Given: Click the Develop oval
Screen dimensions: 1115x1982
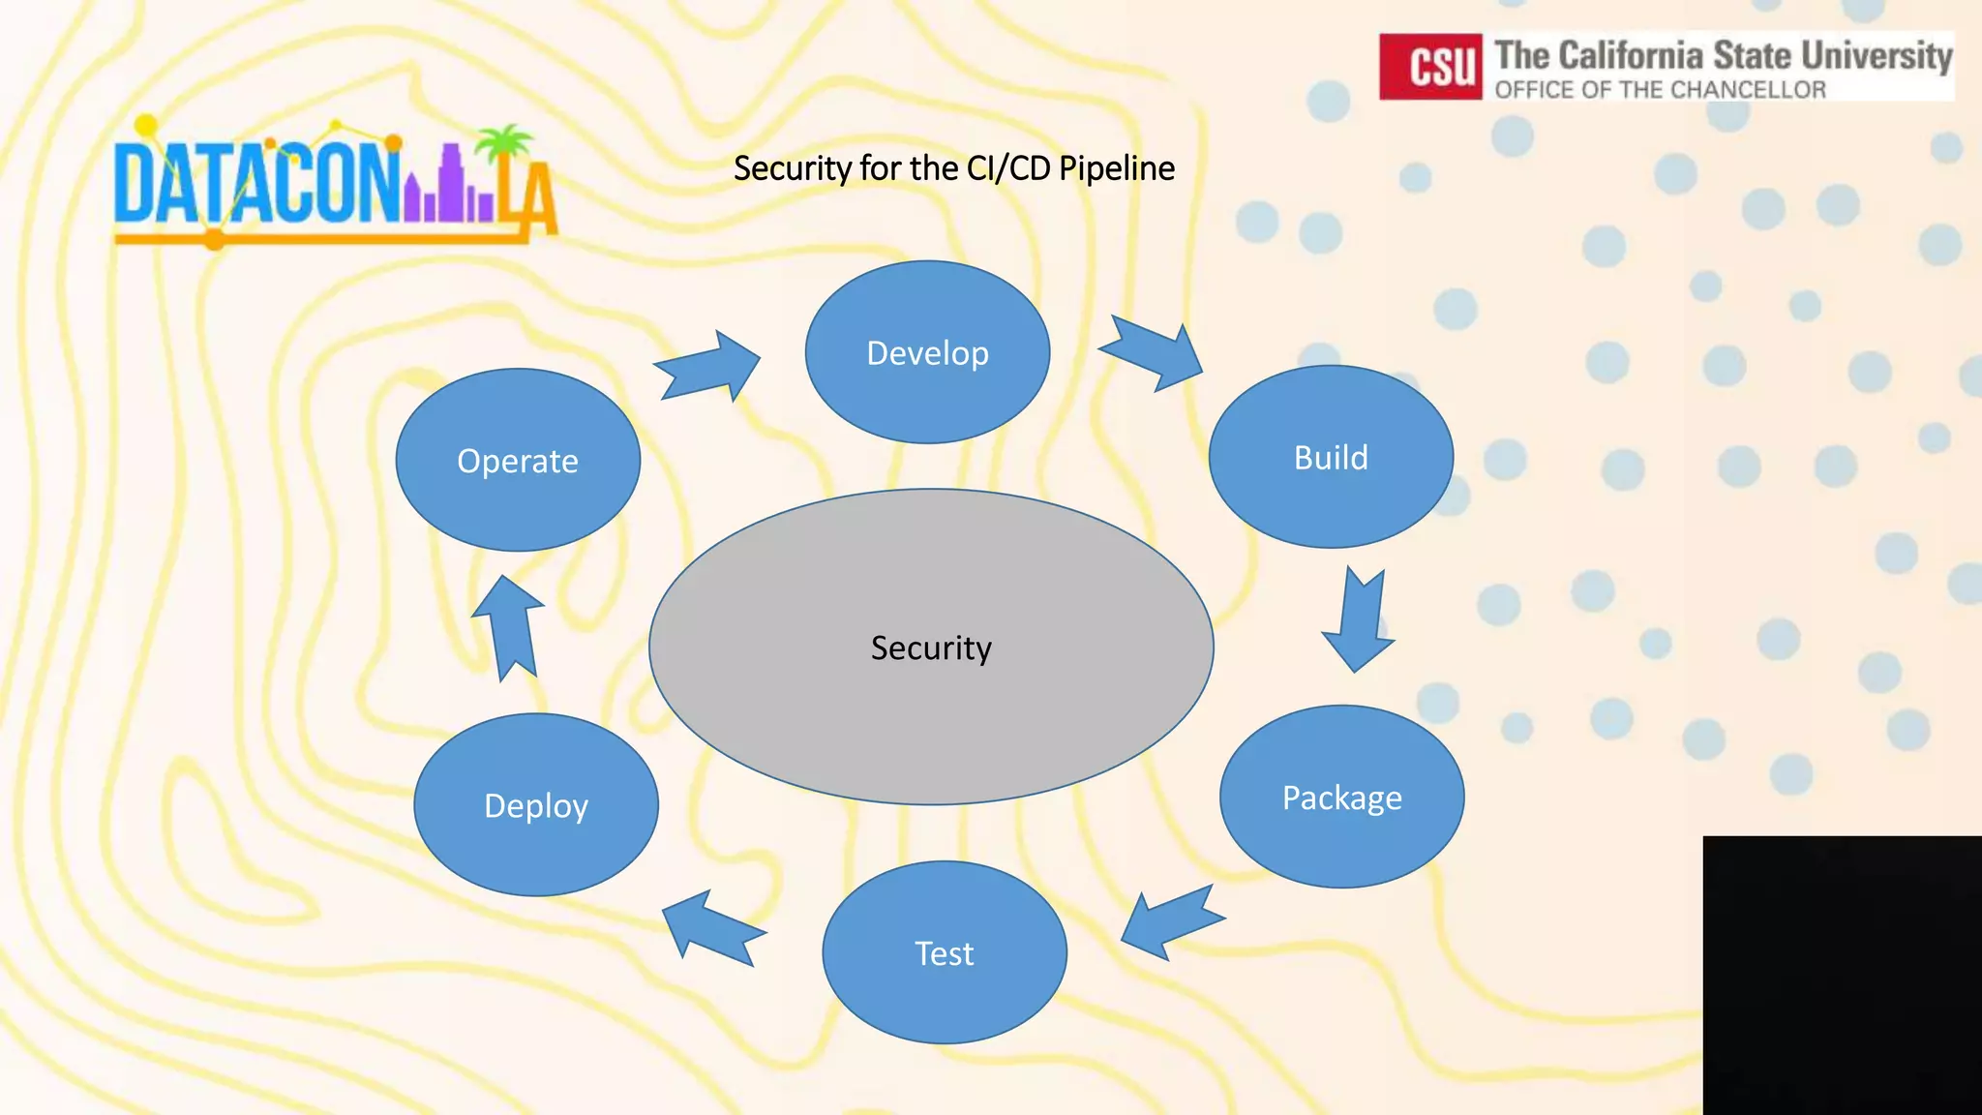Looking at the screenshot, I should tap(927, 352).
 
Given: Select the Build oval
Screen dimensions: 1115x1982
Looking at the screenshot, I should tap(1331, 457).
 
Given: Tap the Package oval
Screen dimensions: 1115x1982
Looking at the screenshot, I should tap(1341, 797).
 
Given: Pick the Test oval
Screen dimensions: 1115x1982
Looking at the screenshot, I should tap(945, 952).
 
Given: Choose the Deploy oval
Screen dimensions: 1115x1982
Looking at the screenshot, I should tap(536, 804).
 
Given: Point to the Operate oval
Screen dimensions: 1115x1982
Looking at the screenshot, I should tap(518, 460).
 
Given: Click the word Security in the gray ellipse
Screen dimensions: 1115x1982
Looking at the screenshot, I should tap(931, 648).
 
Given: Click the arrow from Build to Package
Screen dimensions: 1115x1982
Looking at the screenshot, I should tap(1360, 620).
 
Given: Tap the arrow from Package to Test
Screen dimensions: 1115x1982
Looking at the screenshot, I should tap(1170, 922).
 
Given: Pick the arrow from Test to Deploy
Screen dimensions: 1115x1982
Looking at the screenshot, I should tap(712, 928).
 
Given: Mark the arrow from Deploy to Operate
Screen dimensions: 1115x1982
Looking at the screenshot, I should tap(509, 627).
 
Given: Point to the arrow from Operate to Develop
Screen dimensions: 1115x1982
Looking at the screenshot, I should tap(709, 366).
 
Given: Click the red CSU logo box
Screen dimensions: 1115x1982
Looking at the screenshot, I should tap(1429, 67).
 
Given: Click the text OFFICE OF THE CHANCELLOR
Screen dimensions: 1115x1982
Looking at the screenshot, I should tap(1660, 90).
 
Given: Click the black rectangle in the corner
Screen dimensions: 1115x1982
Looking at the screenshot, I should tap(1842, 975).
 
